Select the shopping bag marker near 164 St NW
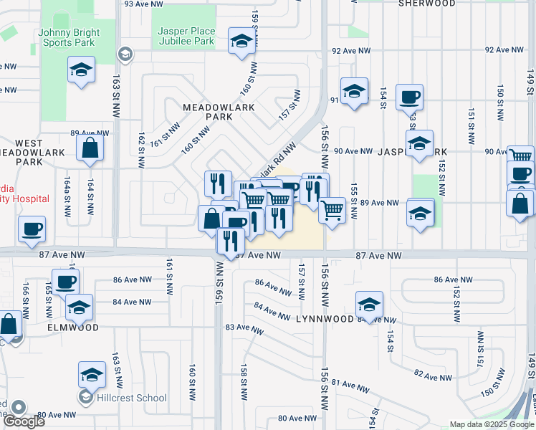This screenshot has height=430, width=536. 90,147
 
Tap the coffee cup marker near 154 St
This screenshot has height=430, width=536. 409,97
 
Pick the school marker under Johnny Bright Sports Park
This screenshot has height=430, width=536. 81,70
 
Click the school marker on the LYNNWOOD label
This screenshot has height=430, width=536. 369,304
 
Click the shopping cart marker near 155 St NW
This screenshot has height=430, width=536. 332,211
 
